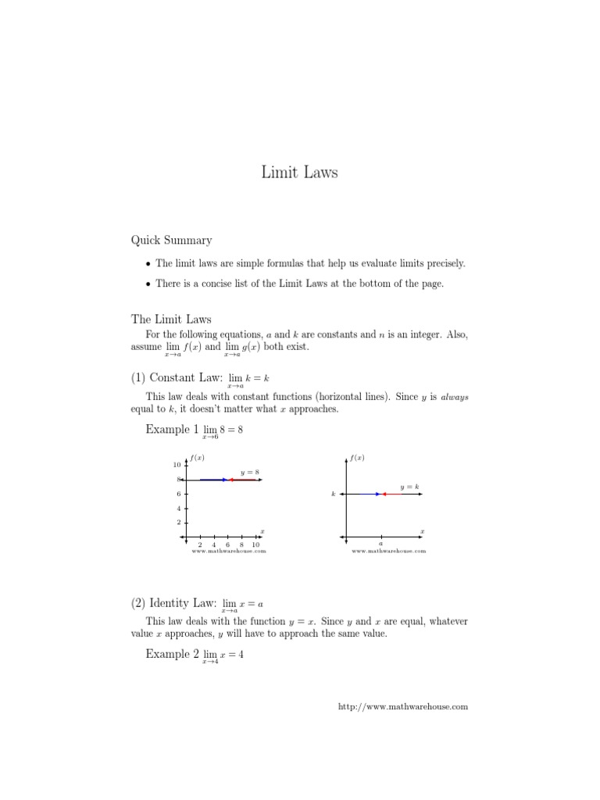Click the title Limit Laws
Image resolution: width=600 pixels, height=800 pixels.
300,173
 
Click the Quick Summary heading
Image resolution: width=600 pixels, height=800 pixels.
171,240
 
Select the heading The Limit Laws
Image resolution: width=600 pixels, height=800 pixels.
171,319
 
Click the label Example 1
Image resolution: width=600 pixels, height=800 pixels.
167,429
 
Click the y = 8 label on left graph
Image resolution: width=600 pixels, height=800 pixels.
250,472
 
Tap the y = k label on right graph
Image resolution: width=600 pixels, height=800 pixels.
409,487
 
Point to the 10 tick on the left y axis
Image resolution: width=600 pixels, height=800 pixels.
176,466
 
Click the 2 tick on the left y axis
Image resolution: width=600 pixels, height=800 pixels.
178,522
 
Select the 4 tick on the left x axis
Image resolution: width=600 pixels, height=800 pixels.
214,545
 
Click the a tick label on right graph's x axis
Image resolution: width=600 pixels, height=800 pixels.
380,545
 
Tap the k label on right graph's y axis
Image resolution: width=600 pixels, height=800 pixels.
334,495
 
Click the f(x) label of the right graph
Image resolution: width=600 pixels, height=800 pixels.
358,458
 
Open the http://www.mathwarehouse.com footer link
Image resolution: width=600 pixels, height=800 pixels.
402,706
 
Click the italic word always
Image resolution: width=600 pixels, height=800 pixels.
455,397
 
